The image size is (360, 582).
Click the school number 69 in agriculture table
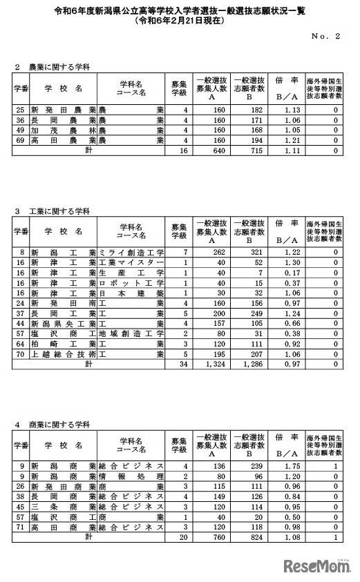(20, 139)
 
